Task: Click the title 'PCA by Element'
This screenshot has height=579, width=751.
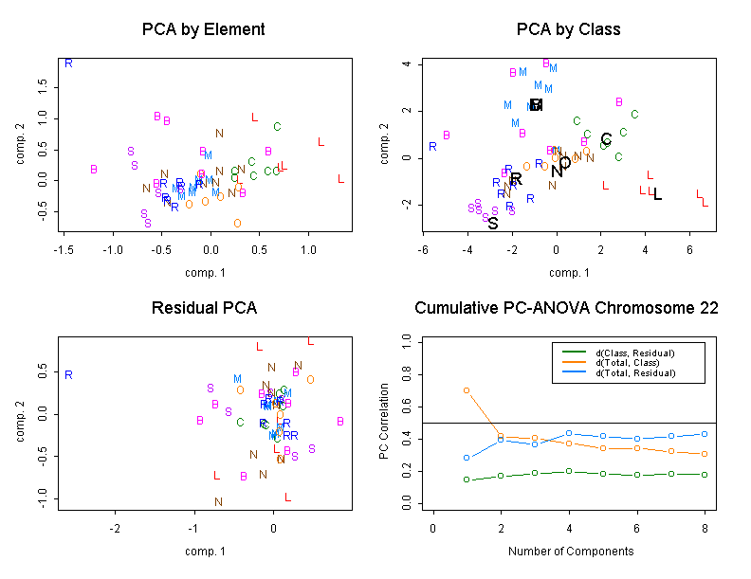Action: click(203, 29)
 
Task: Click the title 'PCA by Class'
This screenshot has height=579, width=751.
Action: click(568, 29)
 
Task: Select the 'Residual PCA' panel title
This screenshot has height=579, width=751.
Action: click(203, 308)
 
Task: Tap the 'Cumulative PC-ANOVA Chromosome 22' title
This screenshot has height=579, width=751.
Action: click(566, 308)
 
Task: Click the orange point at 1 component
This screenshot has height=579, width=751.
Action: click(467, 389)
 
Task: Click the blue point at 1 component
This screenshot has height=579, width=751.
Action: click(467, 458)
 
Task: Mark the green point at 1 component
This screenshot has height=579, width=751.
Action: click(467, 479)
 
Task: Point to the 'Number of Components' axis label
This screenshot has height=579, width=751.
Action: click(566, 551)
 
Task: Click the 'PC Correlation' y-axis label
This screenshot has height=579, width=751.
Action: click(385, 423)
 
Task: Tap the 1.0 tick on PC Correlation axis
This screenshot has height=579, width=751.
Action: click(407, 339)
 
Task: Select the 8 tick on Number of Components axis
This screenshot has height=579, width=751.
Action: click(705, 527)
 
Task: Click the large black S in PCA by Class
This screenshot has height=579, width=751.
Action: click(493, 224)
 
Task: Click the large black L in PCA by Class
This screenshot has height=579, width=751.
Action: click(657, 194)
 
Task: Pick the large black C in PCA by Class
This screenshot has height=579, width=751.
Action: click(606, 139)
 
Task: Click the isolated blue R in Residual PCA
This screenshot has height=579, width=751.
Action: click(68, 374)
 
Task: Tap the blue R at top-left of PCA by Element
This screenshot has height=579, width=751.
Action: click(68, 63)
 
